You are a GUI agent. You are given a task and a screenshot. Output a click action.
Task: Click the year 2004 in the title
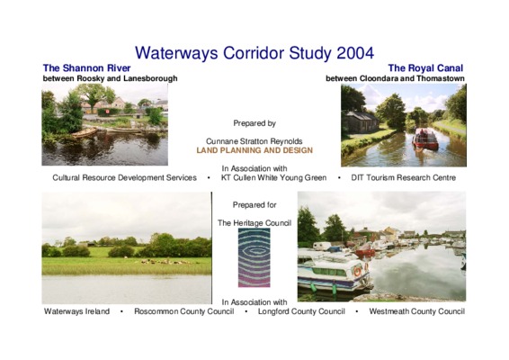pos(355,53)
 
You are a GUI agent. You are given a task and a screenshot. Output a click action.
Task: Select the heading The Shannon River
pos(86,67)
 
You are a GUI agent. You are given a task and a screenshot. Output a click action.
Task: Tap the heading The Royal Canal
pos(425,67)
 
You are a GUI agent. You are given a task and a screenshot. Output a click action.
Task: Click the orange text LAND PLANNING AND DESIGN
pos(254,150)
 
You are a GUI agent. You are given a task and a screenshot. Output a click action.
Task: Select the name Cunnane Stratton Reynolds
pos(254,141)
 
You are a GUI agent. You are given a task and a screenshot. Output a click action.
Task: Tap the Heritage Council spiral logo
pos(254,257)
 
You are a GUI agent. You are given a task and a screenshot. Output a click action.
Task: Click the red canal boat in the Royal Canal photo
pos(425,139)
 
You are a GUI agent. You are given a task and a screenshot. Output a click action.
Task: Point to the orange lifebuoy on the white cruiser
pos(357,272)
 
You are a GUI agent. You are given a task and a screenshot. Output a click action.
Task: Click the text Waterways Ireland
pos(76,311)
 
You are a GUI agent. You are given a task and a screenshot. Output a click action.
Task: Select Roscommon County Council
pos(184,311)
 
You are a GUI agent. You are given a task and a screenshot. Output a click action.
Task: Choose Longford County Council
pos(301,311)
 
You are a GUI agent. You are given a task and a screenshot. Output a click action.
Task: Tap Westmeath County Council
pos(416,311)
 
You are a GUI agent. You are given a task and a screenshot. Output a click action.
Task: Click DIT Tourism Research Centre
pos(404,177)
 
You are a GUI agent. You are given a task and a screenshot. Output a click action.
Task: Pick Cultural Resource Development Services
pos(125,177)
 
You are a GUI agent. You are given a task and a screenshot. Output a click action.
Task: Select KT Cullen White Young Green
pos(273,177)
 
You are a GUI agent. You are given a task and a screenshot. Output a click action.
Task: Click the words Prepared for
pos(254,205)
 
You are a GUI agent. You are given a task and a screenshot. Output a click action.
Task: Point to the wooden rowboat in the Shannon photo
pos(84,132)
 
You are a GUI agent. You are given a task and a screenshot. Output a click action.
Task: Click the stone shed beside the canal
pos(360,121)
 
